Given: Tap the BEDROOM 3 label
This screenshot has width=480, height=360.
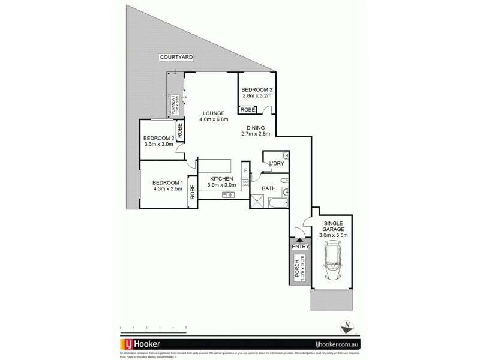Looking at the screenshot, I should tap(257, 91).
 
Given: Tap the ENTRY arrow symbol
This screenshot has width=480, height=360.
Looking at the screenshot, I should tap(299, 238).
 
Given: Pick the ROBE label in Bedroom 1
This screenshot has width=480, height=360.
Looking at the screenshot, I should tap(192, 192).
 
